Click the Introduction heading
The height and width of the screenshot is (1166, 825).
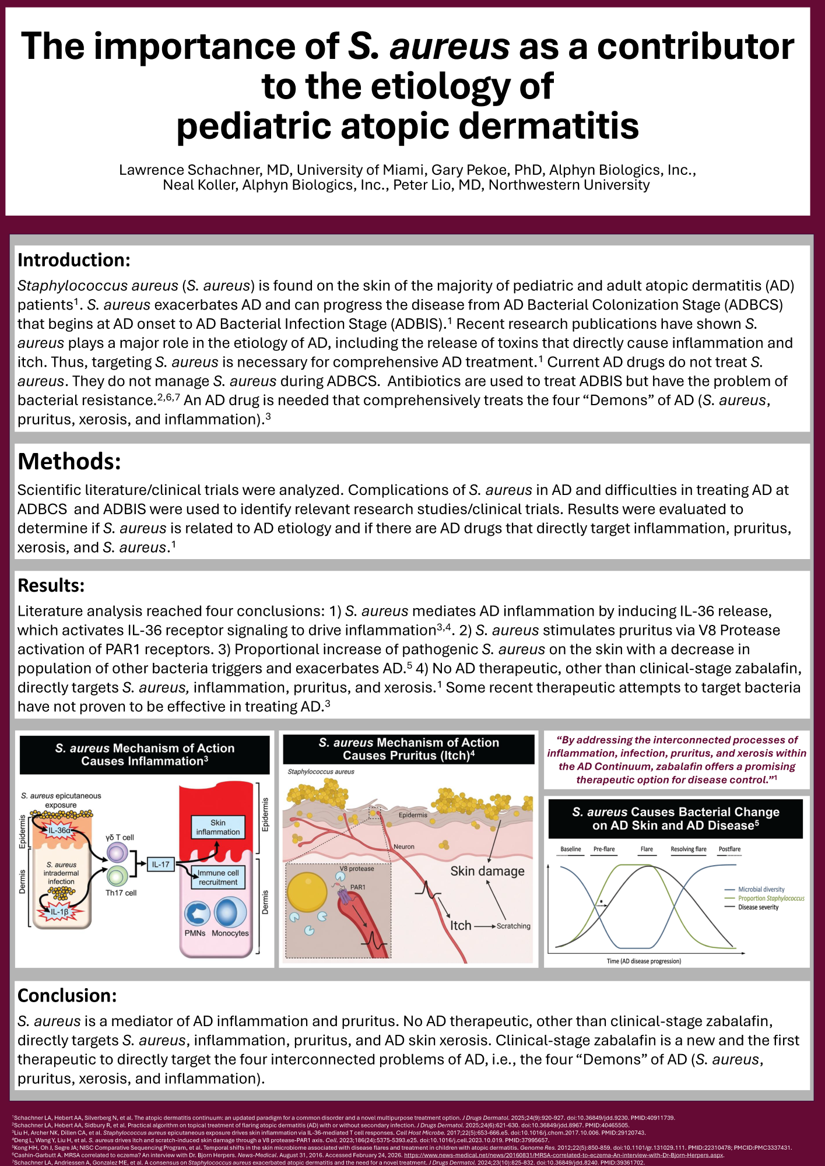pos(74,260)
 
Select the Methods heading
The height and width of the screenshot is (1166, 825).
pos(69,461)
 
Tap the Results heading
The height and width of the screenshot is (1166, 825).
pos(51,585)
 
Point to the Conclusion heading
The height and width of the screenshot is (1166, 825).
pos(67,995)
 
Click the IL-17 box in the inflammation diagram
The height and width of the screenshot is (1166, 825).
pos(160,865)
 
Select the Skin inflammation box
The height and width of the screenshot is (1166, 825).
pos(217,827)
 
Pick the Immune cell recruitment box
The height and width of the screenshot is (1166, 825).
pos(218,877)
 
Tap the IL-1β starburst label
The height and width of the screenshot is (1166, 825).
pos(59,912)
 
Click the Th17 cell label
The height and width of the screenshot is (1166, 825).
pos(121,893)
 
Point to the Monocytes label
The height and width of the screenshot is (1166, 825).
pos(230,933)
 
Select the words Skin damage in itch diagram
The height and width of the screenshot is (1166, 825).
pos(487,872)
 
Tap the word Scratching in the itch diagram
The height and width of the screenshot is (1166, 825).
pos(514,926)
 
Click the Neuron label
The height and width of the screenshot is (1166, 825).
pos(404,847)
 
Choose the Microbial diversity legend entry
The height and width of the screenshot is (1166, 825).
pos(761,890)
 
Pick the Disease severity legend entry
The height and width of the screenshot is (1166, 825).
pos(758,907)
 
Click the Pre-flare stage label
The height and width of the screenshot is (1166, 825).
pos(604,849)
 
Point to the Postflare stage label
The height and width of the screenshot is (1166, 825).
pos(729,849)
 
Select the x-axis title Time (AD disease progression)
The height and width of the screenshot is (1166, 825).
pos(644,961)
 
